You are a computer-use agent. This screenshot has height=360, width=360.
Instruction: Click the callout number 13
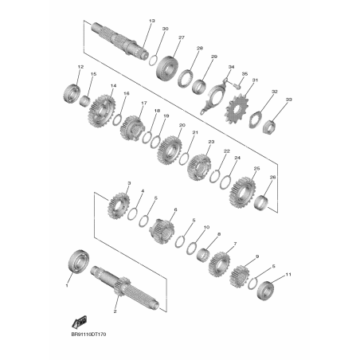pyautogui.click(x=152, y=21)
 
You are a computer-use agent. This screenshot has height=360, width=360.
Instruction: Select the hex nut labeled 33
pyautogui.click(x=268, y=127)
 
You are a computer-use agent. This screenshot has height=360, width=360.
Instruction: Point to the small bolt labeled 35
pyautogui.click(x=237, y=86)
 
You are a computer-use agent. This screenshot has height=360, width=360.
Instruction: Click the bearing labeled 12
pyautogui.click(x=72, y=93)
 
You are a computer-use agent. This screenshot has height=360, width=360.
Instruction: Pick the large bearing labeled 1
pyautogui.click(x=78, y=260)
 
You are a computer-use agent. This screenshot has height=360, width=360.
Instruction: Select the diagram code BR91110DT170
pyautogui.click(x=88, y=335)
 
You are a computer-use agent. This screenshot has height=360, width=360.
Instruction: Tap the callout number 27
pyautogui.click(x=182, y=37)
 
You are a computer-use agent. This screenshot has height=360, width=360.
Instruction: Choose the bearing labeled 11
pyautogui.click(x=266, y=290)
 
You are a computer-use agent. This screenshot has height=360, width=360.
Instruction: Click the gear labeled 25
pyautogui.click(x=242, y=193)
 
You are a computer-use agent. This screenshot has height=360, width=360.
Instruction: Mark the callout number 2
pyautogui.click(x=115, y=311)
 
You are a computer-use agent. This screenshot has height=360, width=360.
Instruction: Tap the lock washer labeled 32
pyautogui.click(x=256, y=119)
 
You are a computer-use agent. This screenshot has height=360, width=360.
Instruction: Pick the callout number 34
pyautogui.click(x=232, y=67)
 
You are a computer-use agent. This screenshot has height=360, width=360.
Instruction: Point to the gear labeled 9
pyautogui.click(x=240, y=277)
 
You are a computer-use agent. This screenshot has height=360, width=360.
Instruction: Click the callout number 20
pyautogui.click(x=182, y=125)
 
